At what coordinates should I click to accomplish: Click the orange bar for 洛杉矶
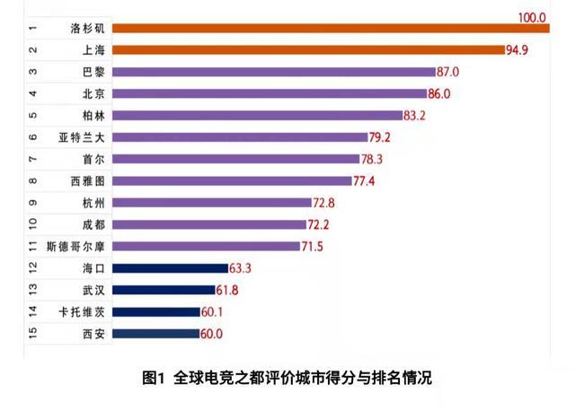332,29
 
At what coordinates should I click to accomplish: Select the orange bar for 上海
310,50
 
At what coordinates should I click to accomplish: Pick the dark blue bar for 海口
171,267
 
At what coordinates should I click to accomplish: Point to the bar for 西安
157,333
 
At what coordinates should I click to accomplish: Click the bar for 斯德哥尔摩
208,246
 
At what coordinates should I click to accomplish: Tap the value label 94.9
517,50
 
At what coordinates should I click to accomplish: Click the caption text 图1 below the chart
155,378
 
